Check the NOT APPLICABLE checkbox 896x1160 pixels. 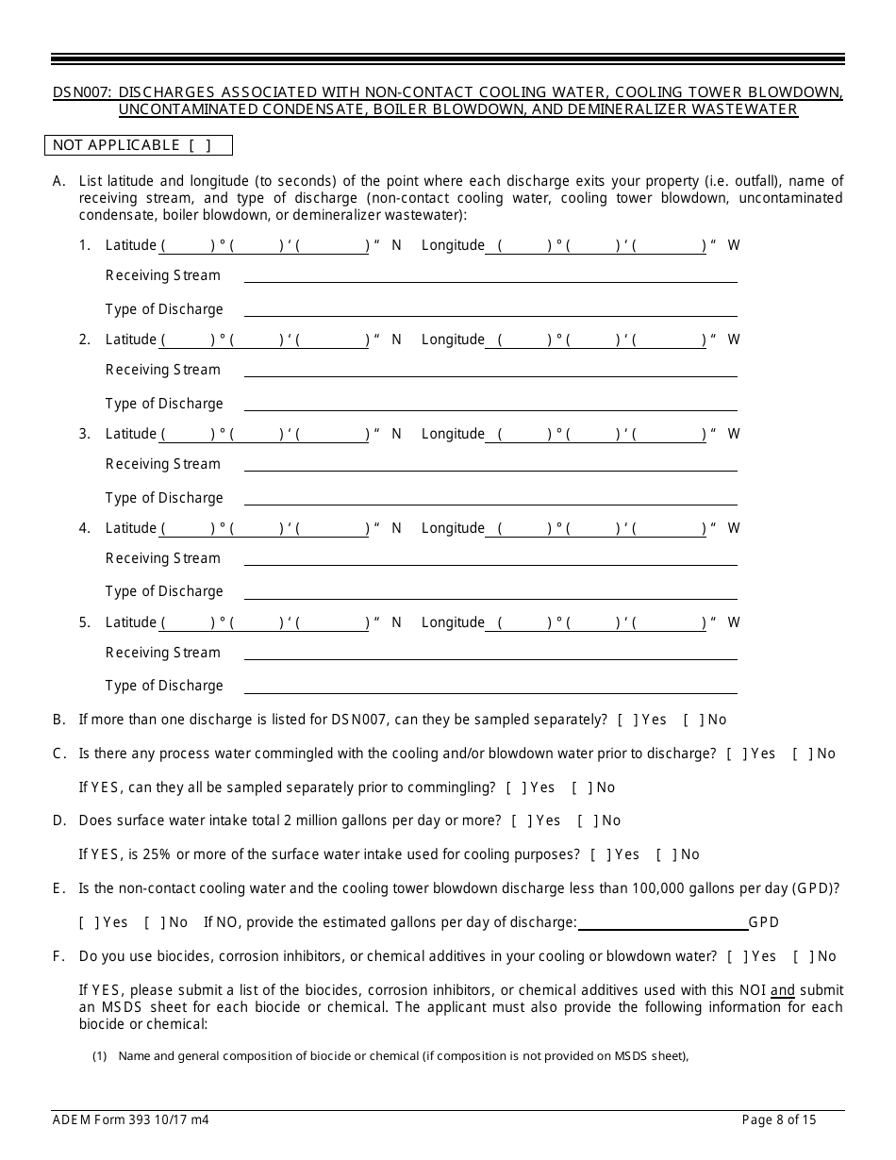[x=199, y=145]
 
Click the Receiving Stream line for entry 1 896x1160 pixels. [x=490, y=276]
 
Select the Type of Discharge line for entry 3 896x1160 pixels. [x=490, y=499]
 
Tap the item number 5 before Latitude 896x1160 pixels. [x=85, y=622]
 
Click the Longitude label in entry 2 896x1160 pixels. [x=453, y=340]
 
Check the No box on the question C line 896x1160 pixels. [x=801, y=754]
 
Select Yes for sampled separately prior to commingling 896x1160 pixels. [x=514, y=787]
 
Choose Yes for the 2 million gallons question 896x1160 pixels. [x=520, y=820]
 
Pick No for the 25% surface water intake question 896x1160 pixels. [x=665, y=854]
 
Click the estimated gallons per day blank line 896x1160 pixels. [x=661, y=923]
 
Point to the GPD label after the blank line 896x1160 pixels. [x=764, y=922]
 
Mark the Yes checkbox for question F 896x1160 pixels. [x=736, y=956]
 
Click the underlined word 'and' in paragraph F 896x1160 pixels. [x=783, y=990]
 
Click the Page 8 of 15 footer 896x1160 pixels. [x=779, y=1120]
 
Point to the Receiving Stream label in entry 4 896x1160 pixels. [x=162, y=558]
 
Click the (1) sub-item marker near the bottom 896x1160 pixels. [x=99, y=1056]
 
